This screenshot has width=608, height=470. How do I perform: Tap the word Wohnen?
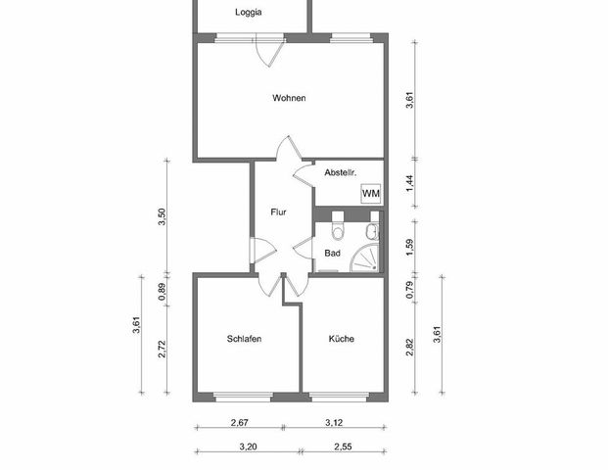point(290,98)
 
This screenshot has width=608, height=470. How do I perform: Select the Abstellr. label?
point(340,172)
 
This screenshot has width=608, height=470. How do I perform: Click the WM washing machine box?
point(371,194)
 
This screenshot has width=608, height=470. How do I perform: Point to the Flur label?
point(278,211)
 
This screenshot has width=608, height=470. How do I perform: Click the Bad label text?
point(332,253)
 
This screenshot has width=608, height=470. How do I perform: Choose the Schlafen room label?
point(244,339)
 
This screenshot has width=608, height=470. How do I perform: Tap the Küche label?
point(341,339)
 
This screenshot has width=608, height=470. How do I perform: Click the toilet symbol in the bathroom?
point(338,232)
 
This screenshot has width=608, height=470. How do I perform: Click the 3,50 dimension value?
point(163,217)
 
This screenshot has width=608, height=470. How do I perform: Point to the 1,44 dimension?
point(409,182)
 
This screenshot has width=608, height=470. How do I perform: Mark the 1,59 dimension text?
point(409,245)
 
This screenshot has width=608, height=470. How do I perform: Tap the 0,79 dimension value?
point(409,288)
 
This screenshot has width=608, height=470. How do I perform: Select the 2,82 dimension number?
point(409,347)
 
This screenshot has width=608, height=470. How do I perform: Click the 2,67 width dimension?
point(239,423)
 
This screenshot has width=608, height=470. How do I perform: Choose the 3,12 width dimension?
point(334,423)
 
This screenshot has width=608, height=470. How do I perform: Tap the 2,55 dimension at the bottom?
point(343,447)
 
